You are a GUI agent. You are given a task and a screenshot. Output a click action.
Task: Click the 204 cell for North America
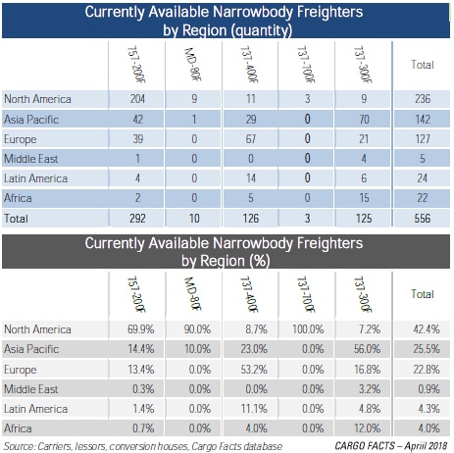[x=137, y=99]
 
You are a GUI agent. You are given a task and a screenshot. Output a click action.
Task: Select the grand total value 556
[x=423, y=218]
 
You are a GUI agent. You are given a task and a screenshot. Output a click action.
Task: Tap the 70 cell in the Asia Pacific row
[x=364, y=119]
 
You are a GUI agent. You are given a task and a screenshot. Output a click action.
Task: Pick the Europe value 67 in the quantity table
[x=251, y=138]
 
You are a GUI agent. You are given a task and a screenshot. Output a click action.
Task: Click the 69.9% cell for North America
[x=140, y=328]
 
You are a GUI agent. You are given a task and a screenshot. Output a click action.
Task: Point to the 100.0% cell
[x=308, y=328]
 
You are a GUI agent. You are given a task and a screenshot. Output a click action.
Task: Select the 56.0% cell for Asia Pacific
[x=367, y=349]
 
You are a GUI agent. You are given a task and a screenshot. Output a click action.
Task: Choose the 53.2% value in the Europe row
[x=254, y=370]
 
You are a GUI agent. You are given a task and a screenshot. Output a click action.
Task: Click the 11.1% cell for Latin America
[x=254, y=409]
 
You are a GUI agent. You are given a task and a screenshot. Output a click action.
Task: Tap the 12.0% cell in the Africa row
[x=367, y=428]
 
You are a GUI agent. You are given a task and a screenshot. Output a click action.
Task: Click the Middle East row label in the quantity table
[x=31, y=159]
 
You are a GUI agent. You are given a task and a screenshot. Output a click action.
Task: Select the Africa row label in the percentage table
[x=18, y=428]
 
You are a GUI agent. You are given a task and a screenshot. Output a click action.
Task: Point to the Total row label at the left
[x=16, y=219]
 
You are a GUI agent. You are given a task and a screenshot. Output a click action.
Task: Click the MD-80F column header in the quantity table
[x=193, y=65]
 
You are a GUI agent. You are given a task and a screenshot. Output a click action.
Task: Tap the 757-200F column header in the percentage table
[x=136, y=294]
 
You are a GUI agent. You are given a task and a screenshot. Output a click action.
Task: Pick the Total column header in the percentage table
[x=423, y=294]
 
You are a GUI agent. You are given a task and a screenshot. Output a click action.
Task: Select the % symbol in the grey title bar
[x=260, y=261]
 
